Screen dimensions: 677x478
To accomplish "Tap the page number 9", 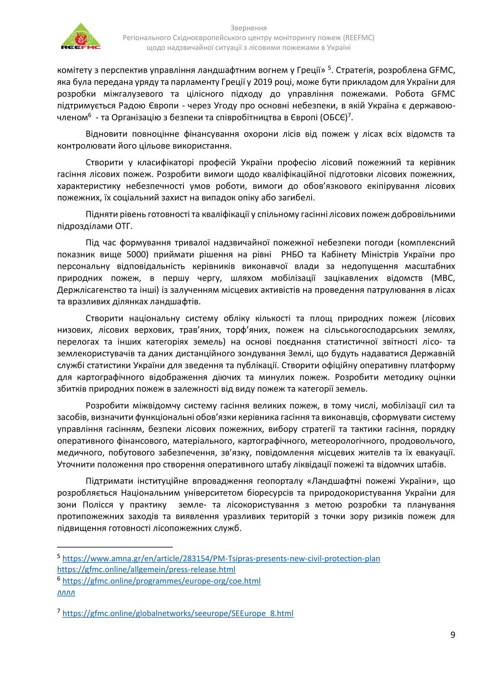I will [x=453, y=635].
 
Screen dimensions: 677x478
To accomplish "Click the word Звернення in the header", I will [x=248, y=28].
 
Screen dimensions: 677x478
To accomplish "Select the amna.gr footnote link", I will [x=221, y=558].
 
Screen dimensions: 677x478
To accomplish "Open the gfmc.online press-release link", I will [x=146, y=569].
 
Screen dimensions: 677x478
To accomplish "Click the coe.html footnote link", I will [x=161, y=581].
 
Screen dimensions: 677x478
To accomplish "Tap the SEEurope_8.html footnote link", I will [x=178, y=613].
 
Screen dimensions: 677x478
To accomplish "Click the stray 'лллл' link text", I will [x=66, y=592].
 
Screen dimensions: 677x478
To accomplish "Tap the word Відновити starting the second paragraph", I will [x=107, y=134].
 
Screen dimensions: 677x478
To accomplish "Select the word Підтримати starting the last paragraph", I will [x=108, y=481].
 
